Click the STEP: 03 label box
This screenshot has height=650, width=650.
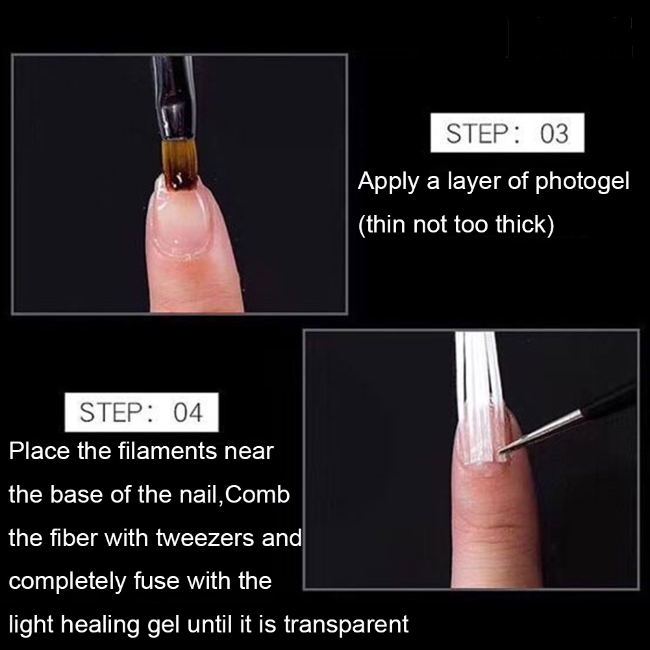pos(507,132)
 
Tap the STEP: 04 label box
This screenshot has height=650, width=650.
pos(142,412)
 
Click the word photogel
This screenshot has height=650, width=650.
pos(582,182)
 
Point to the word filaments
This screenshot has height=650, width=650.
pos(168,451)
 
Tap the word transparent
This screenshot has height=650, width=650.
pos(346,624)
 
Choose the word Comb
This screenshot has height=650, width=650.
pos(257,494)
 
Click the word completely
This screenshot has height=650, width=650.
pos(67,581)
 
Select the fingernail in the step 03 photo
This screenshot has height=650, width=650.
pos(181,216)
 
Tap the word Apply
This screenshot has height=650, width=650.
pos(388,182)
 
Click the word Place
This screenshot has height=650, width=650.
pos(40,451)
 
